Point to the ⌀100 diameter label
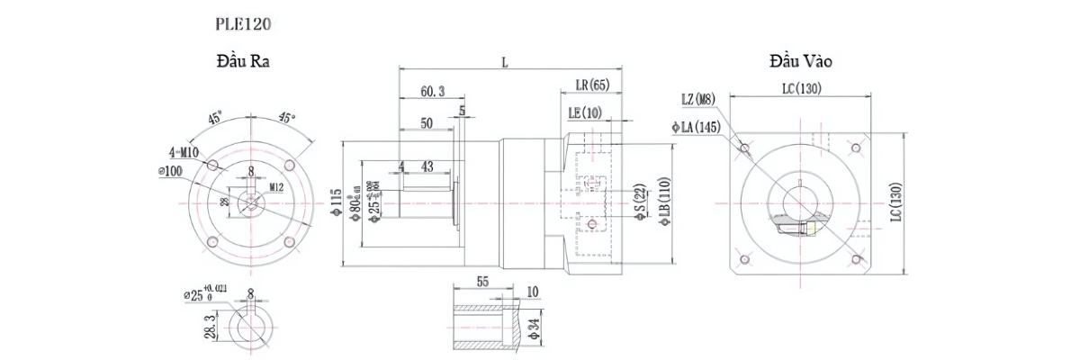coord(173,171)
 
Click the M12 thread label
coord(279,187)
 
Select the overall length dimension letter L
coord(505,62)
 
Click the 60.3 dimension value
coord(432,92)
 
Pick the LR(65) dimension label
coord(591,85)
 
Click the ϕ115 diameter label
coord(336,205)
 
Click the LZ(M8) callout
coord(698,99)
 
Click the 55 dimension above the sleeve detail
coord(482,282)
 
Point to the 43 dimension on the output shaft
coord(427,167)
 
